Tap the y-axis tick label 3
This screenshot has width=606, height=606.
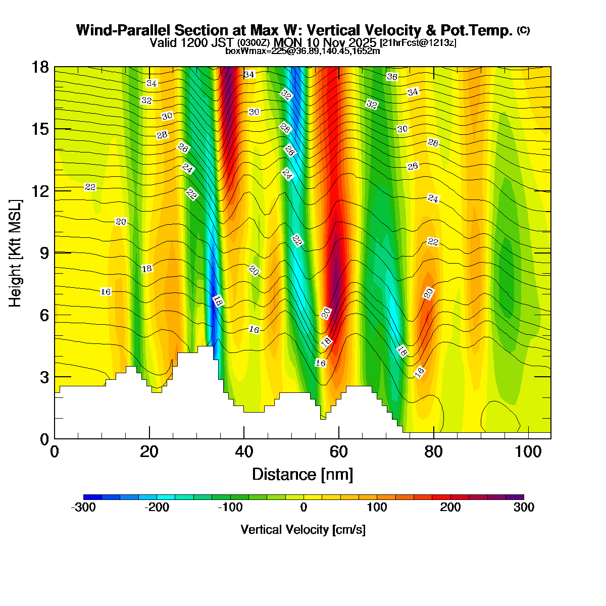pos(44,377)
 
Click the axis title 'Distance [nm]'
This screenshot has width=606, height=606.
pos(302,475)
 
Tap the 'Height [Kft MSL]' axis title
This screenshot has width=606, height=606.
pos(16,253)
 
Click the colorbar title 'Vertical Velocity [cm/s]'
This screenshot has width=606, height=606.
pos(303,530)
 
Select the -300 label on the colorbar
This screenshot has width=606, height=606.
pos(83,508)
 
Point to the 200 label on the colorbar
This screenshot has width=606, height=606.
pos(450,508)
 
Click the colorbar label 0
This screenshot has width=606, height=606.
pos(304,508)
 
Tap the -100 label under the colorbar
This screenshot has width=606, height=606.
pos(230,508)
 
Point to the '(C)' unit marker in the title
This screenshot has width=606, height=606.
pos(523,30)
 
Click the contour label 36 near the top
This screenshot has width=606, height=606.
pos(392,77)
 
